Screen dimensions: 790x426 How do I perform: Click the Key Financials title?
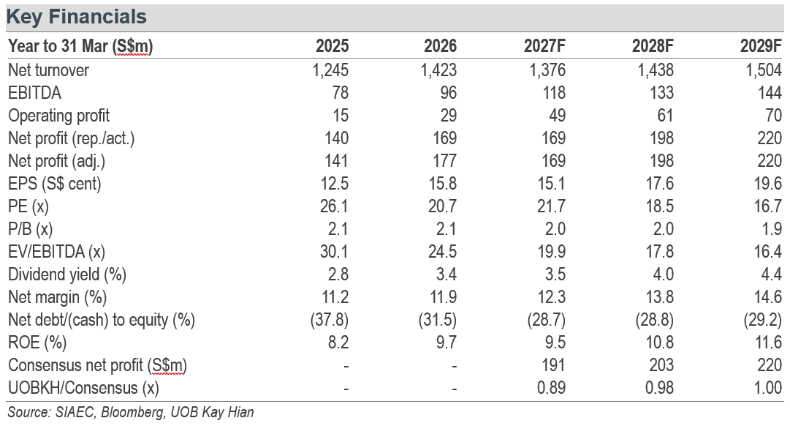coord(77,17)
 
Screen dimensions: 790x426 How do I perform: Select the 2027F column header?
coord(544,46)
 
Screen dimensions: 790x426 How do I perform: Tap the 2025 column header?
coord(332,46)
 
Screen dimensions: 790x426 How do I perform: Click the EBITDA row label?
coord(35,93)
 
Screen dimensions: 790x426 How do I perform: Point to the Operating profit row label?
coord(59,116)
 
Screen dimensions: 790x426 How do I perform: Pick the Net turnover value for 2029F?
coord(764,70)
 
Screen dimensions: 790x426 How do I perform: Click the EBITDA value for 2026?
coord(448,93)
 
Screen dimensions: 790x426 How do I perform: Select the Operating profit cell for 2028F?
coord(665,116)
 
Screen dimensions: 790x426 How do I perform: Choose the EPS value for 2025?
coord(335,184)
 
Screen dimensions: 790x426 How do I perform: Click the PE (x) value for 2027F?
coord(551,206)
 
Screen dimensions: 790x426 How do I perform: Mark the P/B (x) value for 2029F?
coord(772,229)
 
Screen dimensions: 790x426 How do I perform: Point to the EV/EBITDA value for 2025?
coord(335,252)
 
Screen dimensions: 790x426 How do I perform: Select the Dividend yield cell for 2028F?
coord(664,274)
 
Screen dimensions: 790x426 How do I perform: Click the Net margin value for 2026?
coord(444,297)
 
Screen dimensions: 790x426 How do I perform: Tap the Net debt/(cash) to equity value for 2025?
coord(330,320)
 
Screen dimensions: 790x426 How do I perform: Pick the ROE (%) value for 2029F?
coord(769,343)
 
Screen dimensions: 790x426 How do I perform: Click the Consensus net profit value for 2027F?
coord(553,365)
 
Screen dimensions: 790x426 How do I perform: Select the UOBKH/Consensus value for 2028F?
coord(659,388)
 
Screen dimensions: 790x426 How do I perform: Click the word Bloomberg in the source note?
coord(133,412)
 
